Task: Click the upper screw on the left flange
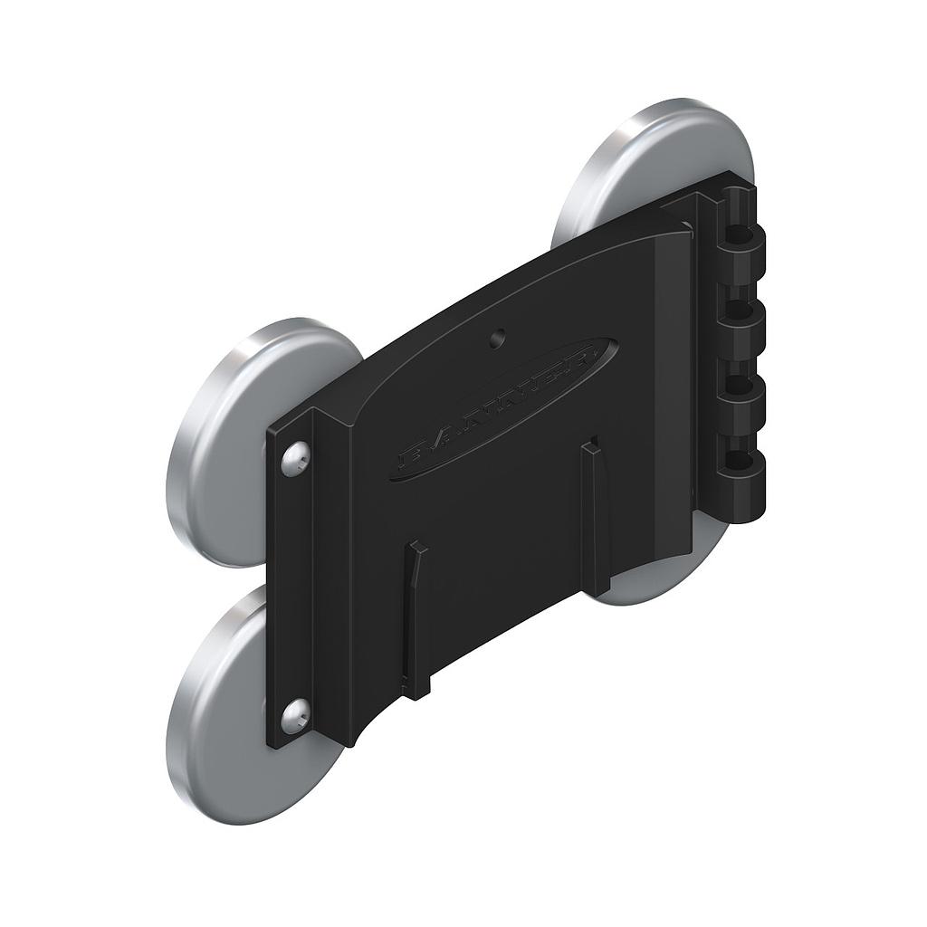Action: [x=294, y=460]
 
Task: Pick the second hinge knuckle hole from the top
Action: [x=741, y=312]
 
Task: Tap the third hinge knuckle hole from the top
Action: [x=741, y=387]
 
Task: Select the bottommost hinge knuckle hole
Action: [x=741, y=463]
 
